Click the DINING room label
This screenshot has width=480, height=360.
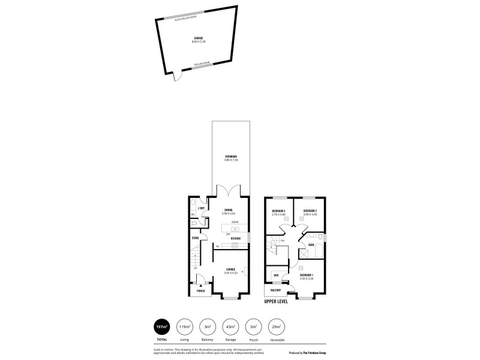tap(227, 210)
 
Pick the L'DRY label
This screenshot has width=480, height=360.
tap(202, 208)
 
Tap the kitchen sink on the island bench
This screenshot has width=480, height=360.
tap(235, 229)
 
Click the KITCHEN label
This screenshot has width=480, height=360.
tap(235, 239)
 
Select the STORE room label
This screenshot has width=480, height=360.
tap(195, 238)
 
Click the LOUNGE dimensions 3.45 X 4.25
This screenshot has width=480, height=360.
tap(230, 273)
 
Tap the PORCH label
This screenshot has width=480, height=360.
tap(200, 291)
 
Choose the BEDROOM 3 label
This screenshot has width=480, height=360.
tap(278, 211)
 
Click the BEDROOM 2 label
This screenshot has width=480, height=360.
tap(310, 211)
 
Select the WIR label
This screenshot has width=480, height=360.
tap(276, 275)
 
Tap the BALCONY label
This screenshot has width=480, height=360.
tap(276, 290)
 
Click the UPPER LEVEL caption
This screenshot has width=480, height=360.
tap(276, 301)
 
